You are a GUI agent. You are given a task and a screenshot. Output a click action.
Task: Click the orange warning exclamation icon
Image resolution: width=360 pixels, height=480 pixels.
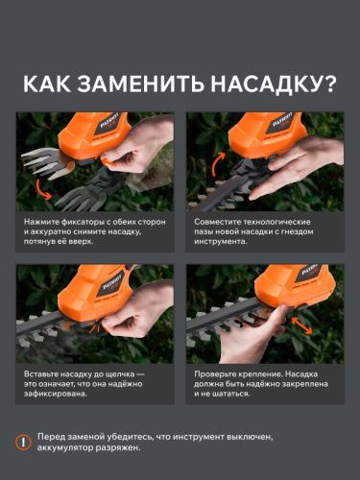click(x=25, y=443)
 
